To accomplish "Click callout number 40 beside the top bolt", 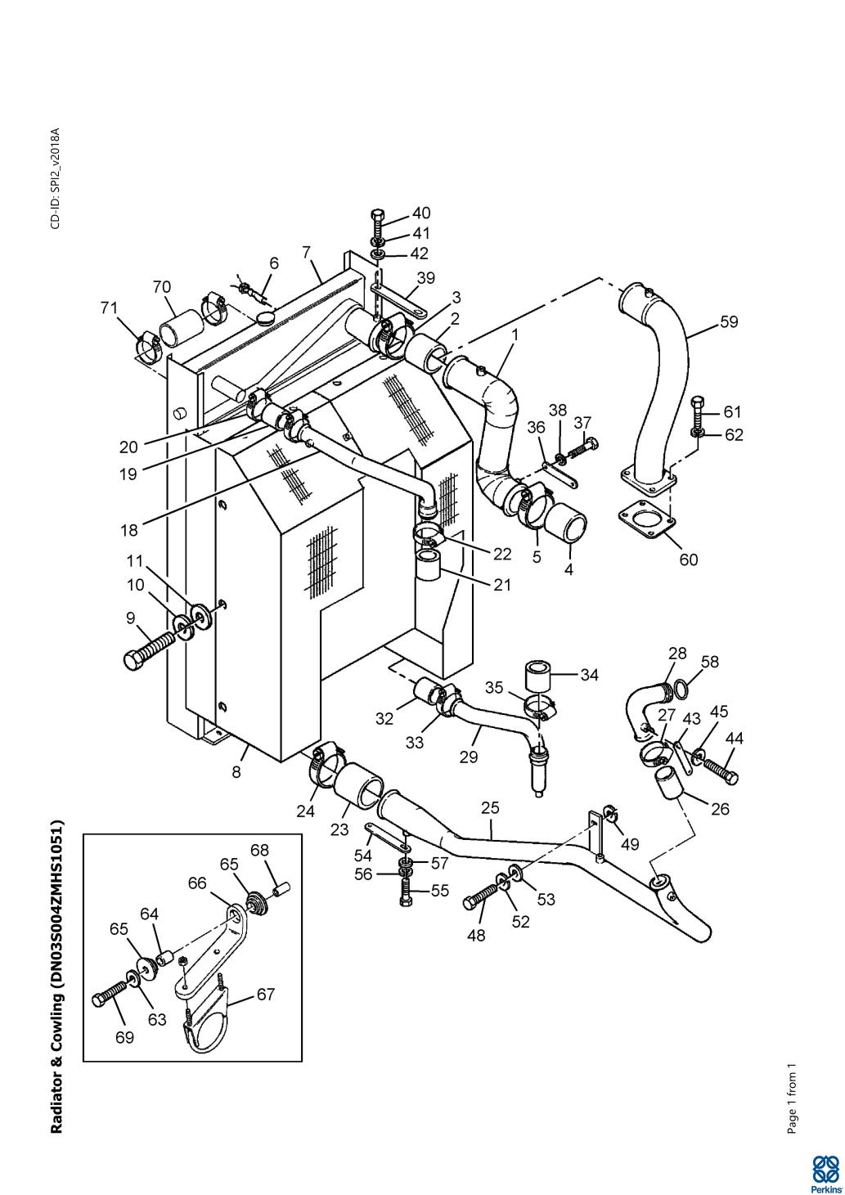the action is (421, 213).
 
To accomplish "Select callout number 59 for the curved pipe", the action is (729, 321).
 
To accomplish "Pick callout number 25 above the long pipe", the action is (490, 807).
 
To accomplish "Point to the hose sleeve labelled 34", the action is (537, 677).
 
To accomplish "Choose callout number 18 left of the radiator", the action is (128, 530).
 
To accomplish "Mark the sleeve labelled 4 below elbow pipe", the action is (567, 527).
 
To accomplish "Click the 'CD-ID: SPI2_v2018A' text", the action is (56, 178).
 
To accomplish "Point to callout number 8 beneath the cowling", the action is (236, 771).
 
